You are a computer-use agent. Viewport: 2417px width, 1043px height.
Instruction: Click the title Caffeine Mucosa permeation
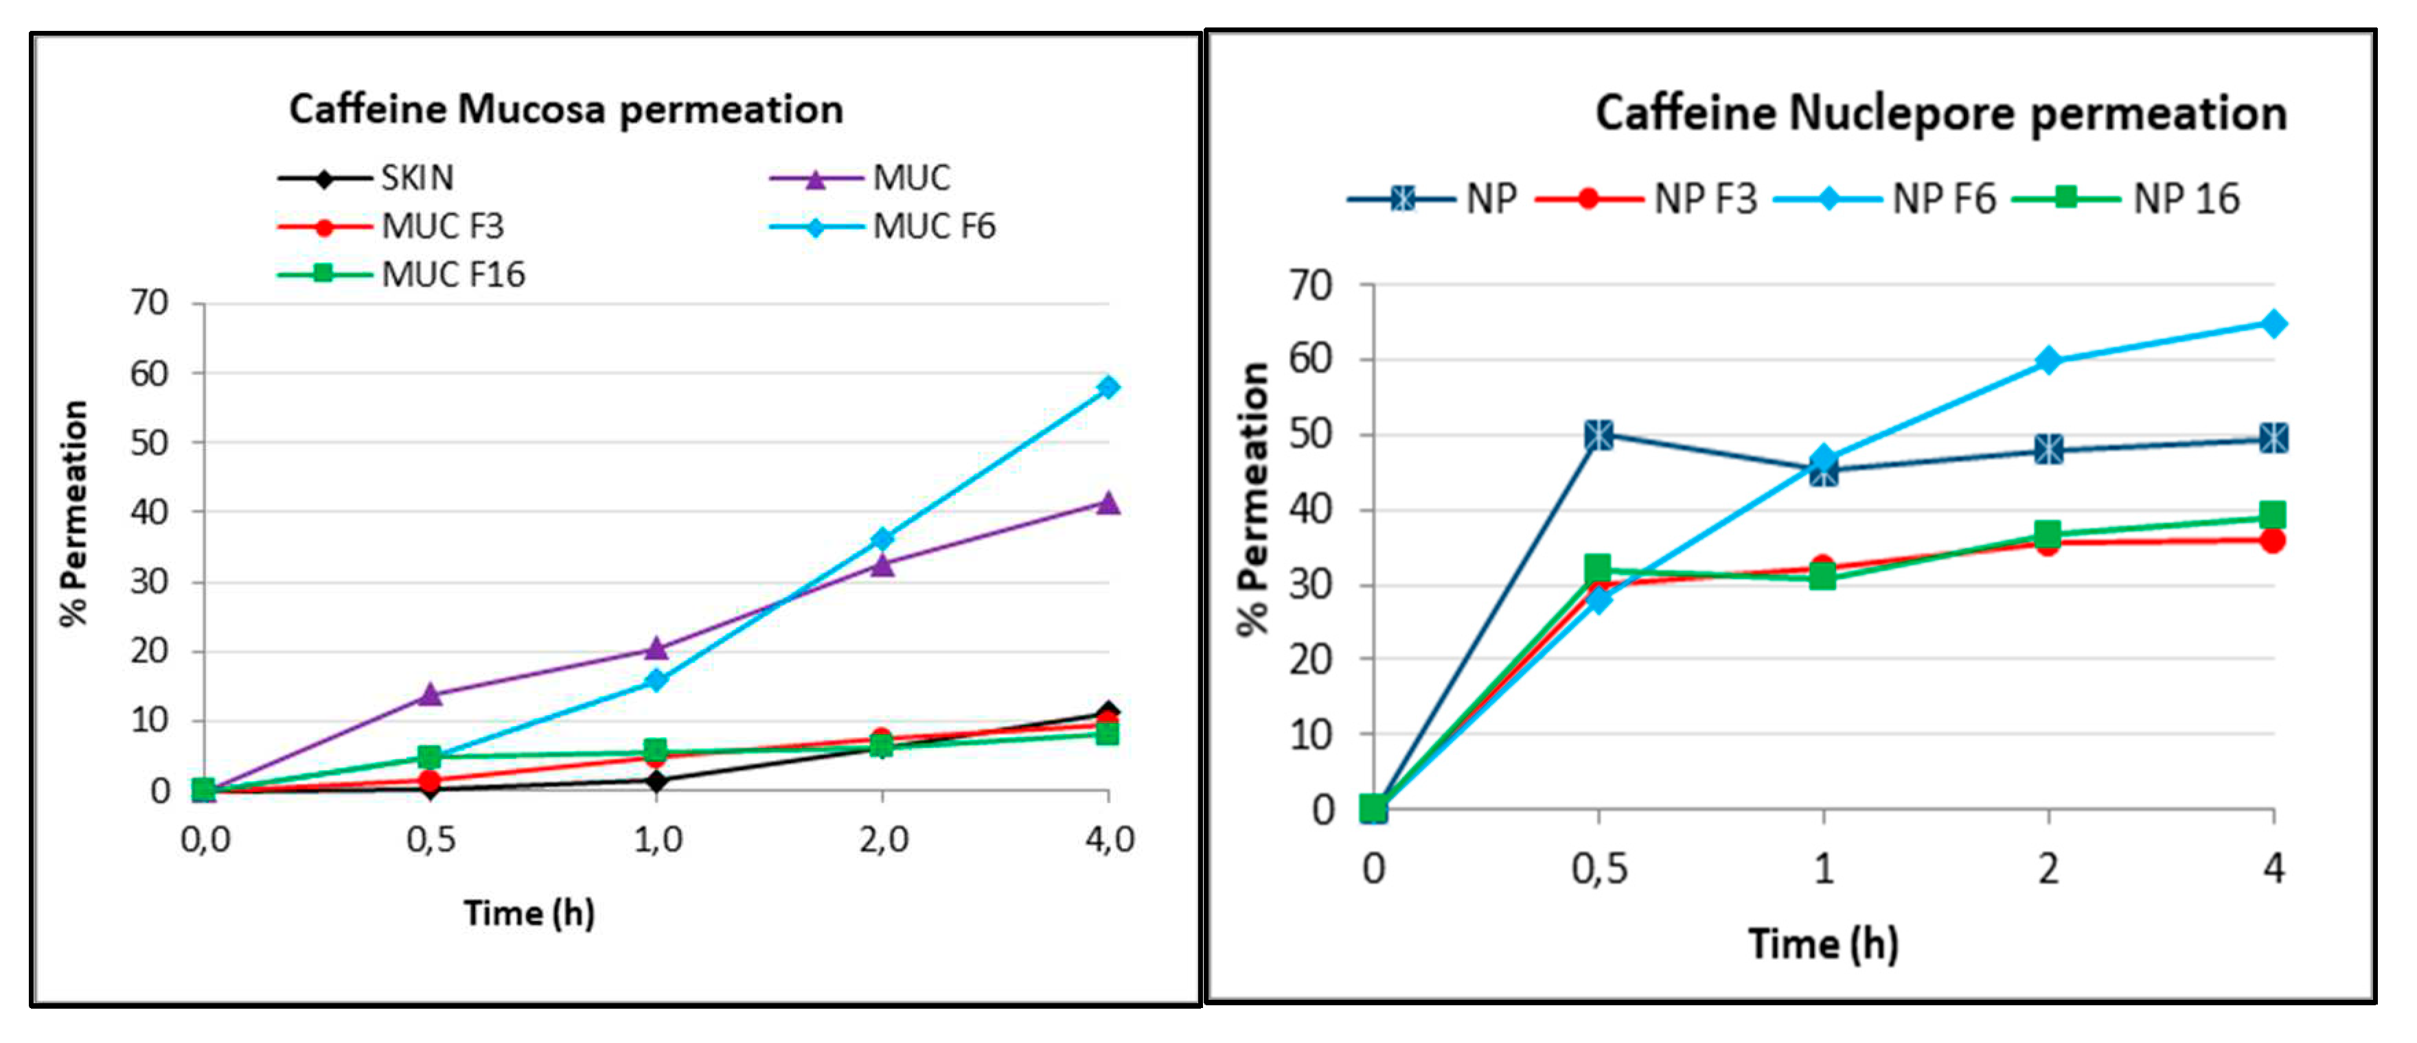pyautogui.click(x=566, y=110)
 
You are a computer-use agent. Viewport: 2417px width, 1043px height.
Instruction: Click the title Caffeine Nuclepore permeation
pyautogui.click(x=1940, y=113)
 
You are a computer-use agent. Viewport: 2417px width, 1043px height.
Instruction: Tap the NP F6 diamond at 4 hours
pyautogui.click(x=2273, y=325)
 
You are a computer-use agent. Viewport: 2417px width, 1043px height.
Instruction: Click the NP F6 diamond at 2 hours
pyautogui.click(x=2048, y=361)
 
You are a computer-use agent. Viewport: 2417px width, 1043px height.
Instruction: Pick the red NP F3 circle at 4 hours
pyautogui.click(x=2273, y=540)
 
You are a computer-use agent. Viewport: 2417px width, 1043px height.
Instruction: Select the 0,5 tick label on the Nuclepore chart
pyautogui.click(x=1599, y=869)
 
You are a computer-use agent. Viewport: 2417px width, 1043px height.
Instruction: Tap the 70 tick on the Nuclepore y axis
pyautogui.click(x=1311, y=285)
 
